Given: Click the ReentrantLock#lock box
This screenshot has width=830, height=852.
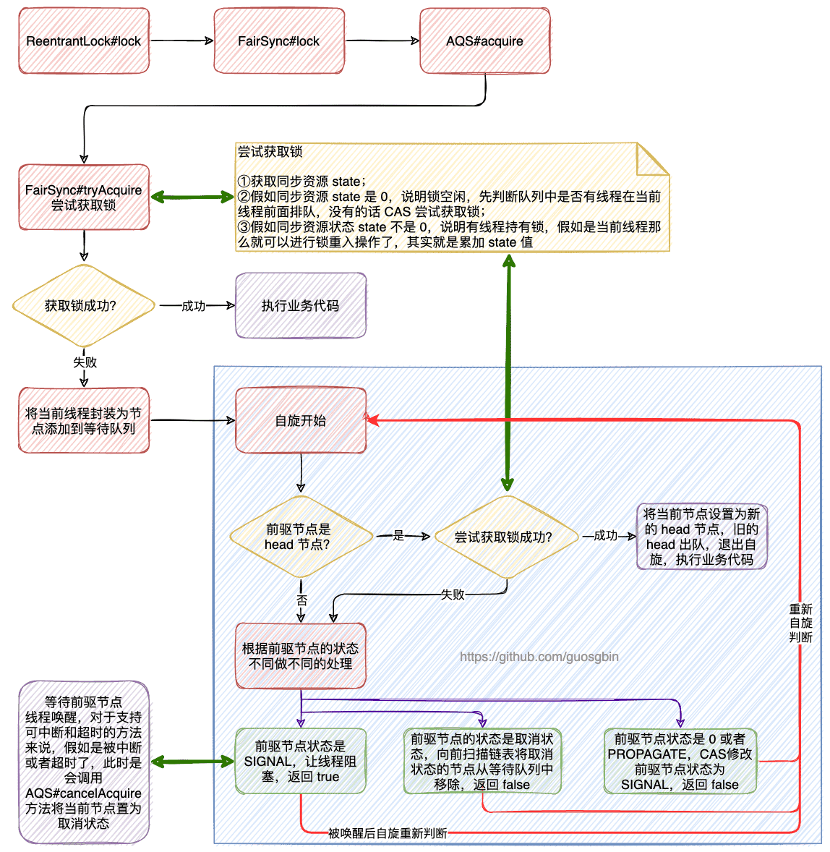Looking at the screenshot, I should [x=84, y=41].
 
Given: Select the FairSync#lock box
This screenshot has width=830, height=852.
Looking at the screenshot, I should [x=279, y=41].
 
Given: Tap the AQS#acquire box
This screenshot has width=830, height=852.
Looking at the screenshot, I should [x=484, y=41].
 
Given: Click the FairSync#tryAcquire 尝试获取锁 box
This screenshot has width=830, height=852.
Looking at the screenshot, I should [x=84, y=197].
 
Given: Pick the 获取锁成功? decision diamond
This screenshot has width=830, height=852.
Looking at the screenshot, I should [x=84, y=306].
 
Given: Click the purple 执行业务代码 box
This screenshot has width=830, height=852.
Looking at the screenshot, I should [x=301, y=306].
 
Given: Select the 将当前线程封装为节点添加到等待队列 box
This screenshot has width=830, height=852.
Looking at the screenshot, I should [x=84, y=421].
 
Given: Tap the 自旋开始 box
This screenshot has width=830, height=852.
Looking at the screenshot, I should [x=301, y=421].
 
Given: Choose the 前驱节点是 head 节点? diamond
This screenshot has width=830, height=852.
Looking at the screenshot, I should [x=301, y=537].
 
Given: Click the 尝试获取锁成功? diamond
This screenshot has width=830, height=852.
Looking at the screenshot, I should [x=505, y=537].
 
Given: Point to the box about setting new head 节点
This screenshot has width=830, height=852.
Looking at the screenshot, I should [x=701, y=537].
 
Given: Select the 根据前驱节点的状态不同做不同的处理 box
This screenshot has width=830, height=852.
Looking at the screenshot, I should [x=301, y=656].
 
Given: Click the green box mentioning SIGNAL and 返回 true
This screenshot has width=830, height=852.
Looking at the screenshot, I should [x=301, y=761].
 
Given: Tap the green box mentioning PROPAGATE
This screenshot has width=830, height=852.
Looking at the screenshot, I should [x=680, y=761].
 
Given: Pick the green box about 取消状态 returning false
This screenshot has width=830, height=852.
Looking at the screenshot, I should [x=482, y=761].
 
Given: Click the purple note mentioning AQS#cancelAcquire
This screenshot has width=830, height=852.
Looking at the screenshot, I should [x=84, y=762].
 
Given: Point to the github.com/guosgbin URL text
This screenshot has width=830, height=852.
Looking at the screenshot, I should [x=539, y=657].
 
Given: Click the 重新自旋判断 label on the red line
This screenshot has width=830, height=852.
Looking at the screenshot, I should [x=800, y=623].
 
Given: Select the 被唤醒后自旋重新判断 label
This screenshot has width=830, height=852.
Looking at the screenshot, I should [x=388, y=833].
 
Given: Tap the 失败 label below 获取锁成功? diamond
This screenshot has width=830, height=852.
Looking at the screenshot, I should [x=85, y=362].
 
